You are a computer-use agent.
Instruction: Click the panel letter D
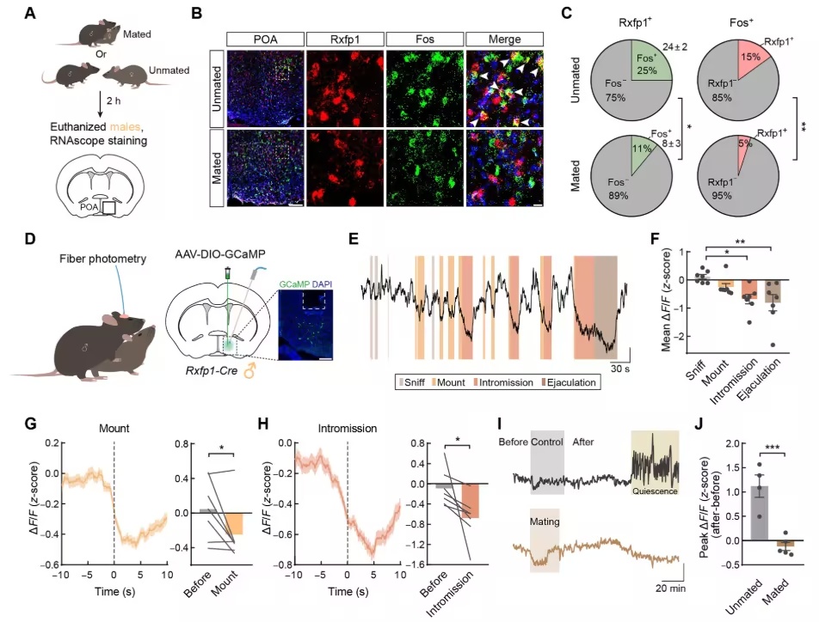click(30, 239)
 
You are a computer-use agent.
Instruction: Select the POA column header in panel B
click(265, 40)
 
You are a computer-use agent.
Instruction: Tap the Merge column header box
click(504, 40)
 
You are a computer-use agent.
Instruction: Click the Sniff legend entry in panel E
click(411, 382)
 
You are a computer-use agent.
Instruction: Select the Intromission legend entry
click(503, 382)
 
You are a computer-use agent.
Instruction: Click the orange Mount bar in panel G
click(235, 523)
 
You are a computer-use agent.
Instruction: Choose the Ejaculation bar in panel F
click(773, 291)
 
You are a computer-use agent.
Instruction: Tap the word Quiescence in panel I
click(655, 491)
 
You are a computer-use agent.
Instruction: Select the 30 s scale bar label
click(620, 369)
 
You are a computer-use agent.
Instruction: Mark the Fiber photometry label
click(102, 259)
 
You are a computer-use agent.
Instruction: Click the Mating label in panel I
click(545, 521)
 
